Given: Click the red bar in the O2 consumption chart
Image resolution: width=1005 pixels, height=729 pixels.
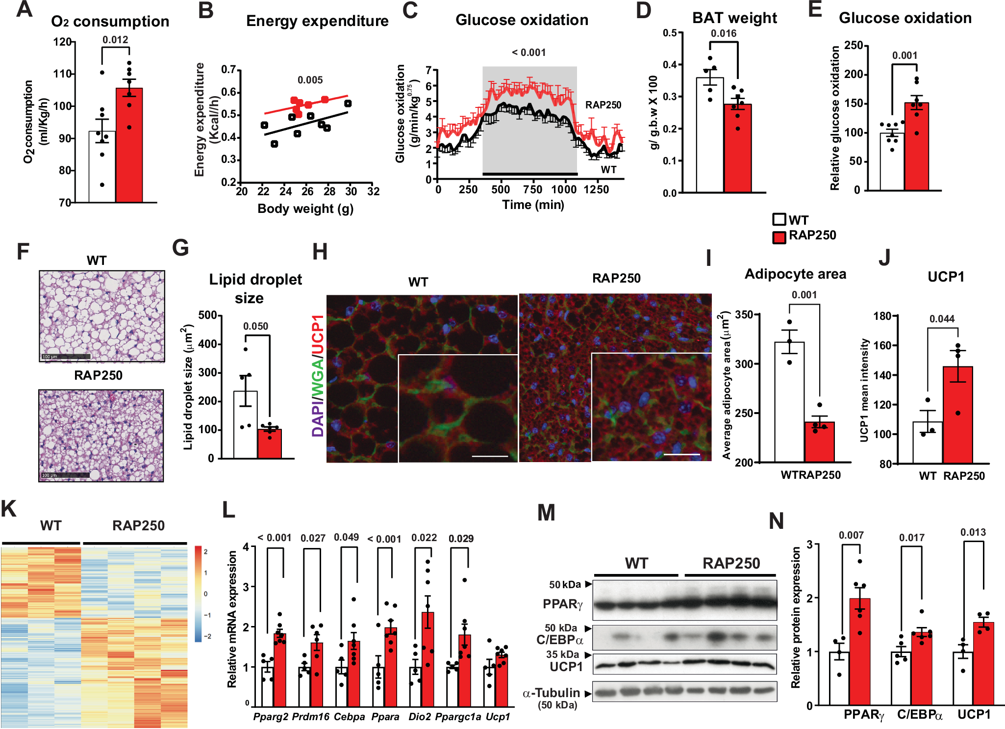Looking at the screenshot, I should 129,147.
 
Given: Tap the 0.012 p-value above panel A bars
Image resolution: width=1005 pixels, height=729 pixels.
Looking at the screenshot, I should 115,40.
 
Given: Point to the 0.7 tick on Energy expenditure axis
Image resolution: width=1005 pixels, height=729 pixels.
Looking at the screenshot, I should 229,69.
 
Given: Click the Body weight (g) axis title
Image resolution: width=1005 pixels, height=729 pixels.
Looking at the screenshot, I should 305,208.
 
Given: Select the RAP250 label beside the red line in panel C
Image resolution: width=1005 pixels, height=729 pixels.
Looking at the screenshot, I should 603,105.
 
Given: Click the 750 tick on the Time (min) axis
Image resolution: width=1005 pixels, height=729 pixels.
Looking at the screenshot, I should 532,189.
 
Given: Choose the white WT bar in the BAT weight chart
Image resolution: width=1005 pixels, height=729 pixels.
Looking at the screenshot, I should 710,137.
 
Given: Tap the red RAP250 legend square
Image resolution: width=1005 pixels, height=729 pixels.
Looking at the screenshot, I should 779,237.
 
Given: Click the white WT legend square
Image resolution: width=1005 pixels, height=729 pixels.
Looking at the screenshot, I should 779,219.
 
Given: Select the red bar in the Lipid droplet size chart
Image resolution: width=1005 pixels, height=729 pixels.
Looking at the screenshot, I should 270,444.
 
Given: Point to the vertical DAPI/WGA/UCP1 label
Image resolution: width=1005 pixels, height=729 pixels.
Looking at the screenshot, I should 318,375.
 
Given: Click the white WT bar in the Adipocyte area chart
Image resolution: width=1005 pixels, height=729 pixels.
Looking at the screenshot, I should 789,402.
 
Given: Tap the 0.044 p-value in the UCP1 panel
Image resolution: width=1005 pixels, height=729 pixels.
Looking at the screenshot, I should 942,319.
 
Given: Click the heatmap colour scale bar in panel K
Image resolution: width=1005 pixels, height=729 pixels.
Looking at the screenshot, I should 198,594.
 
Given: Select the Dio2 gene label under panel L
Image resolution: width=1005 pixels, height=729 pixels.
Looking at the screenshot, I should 420,717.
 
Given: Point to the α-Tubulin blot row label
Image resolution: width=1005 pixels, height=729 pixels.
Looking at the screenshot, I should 552,693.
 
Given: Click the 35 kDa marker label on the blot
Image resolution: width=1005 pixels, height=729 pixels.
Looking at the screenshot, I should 562,654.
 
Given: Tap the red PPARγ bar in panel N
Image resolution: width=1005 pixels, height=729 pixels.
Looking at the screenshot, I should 860,652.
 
